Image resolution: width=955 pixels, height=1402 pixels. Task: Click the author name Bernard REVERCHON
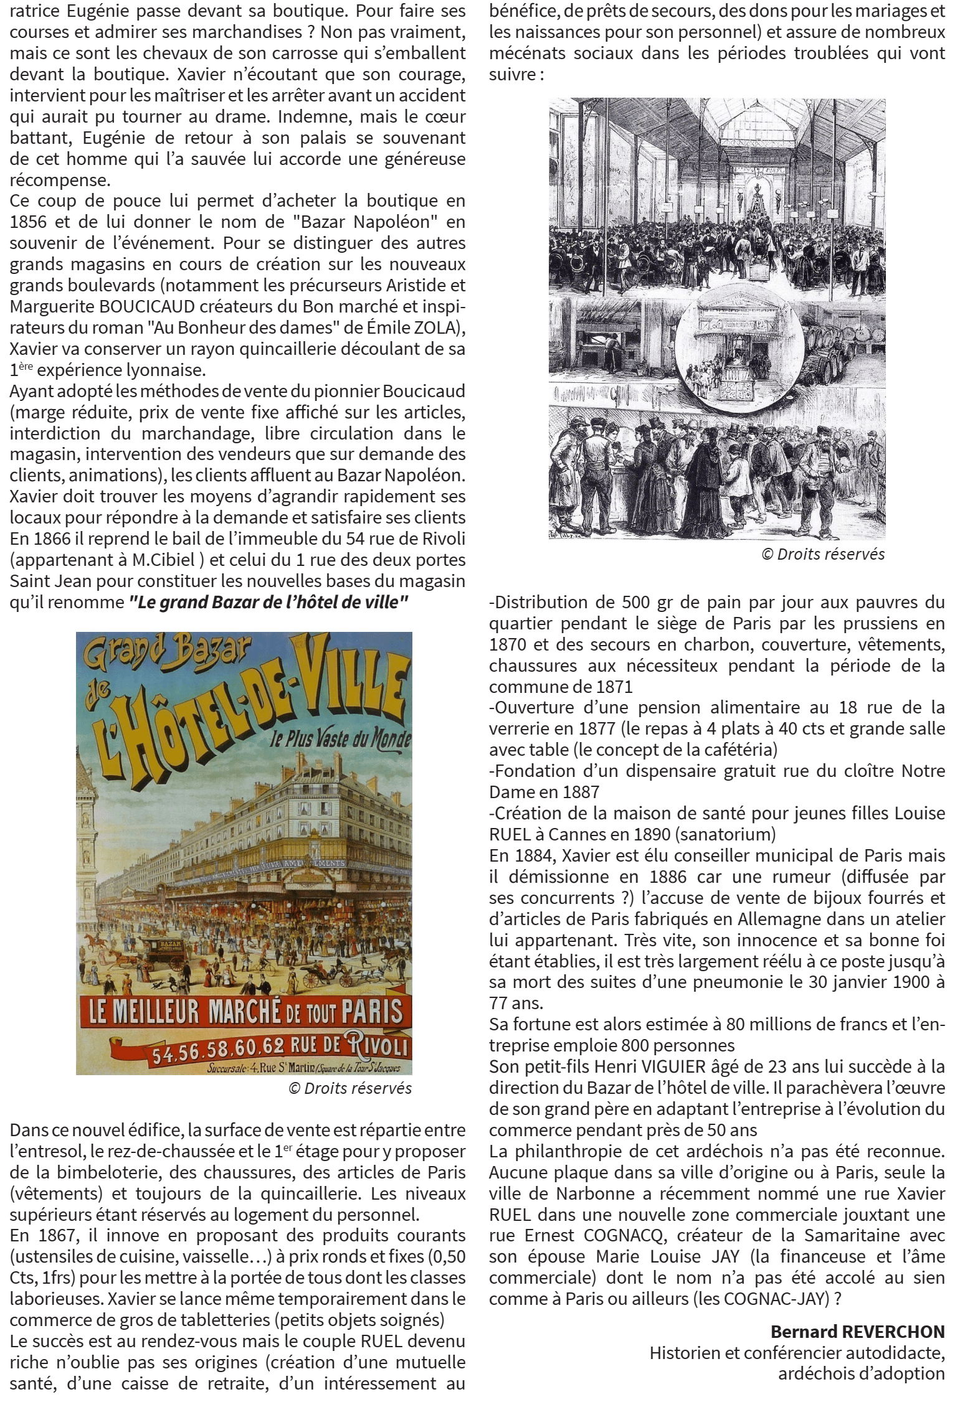[x=857, y=1332]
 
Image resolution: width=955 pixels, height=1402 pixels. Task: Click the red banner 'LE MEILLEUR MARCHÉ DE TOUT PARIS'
[x=244, y=1011]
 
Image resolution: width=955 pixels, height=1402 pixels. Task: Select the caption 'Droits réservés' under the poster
[x=349, y=1088]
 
